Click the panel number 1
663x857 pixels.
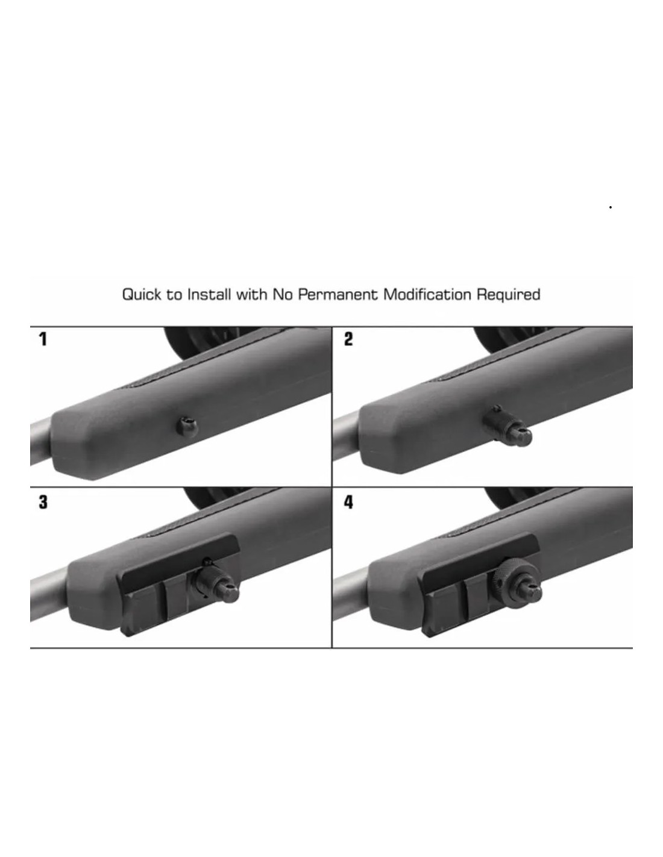pyautogui.click(x=43, y=339)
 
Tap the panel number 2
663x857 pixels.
pyautogui.click(x=348, y=339)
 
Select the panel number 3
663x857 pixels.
pyautogui.click(x=43, y=502)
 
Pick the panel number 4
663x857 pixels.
pyautogui.click(x=348, y=502)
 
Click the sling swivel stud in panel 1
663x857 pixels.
pyautogui.click(x=187, y=425)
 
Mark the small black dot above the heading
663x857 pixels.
pyautogui.click(x=610, y=207)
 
